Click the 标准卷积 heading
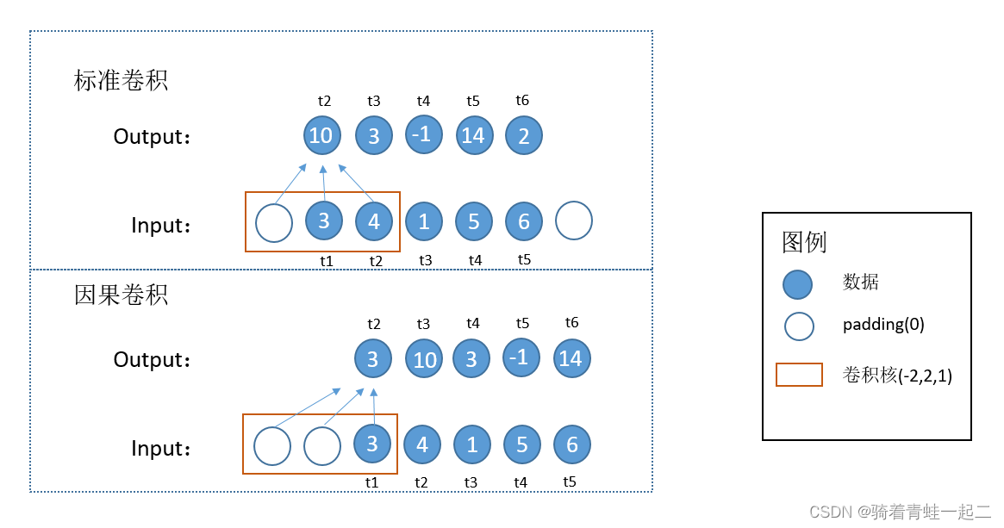coord(121,81)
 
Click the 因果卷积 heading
coord(121,295)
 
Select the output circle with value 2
coord(524,136)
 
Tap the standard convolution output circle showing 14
coord(473,136)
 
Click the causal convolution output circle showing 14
coord(571,359)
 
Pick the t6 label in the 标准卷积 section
coord(522,101)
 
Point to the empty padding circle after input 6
coord(574,221)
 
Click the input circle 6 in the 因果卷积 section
coord(572,445)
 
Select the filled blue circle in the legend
coord(798,285)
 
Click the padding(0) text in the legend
coord(883,326)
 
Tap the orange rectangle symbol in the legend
coord(798,375)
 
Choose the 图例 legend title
coord(804,242)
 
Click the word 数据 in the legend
coord(860,282)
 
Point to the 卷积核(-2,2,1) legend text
coord(897,376)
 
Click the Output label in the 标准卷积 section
coord(152,137)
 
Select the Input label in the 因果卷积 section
coord(160,449)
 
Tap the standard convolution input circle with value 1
coord(423,221)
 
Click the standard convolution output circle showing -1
coord(423,134)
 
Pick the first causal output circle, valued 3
coord(373,358)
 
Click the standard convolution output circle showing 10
coord(321,135)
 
